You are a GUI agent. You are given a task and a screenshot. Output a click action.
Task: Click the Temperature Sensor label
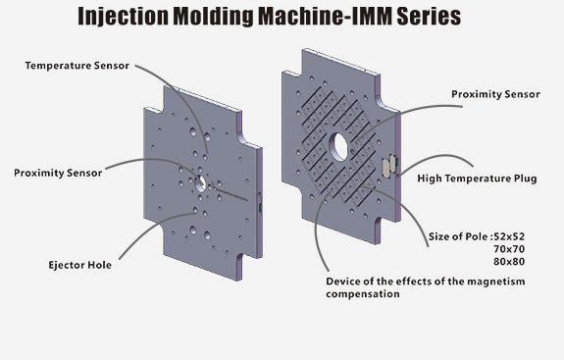77,66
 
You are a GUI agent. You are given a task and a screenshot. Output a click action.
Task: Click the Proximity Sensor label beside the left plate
58,173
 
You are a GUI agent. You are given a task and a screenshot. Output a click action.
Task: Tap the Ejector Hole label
79,266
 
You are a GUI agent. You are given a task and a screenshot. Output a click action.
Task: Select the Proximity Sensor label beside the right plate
495,94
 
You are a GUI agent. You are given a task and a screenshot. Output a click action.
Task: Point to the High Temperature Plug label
477,179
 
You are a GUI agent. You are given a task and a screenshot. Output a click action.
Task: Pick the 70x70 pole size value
509,249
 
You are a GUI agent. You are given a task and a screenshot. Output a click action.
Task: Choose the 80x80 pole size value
509,262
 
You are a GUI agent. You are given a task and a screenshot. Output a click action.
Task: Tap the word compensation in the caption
363,294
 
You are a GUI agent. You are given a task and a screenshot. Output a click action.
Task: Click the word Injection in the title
123,17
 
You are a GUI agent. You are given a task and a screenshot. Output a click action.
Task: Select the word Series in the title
429,16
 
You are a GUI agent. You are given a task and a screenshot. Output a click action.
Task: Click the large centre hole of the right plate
340,147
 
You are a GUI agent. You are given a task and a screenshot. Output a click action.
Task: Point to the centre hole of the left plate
200,183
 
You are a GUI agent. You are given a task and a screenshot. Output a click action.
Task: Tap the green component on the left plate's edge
260,208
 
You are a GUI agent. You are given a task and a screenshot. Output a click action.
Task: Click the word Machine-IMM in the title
326,16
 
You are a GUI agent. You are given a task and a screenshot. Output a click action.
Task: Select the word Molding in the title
214,17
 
